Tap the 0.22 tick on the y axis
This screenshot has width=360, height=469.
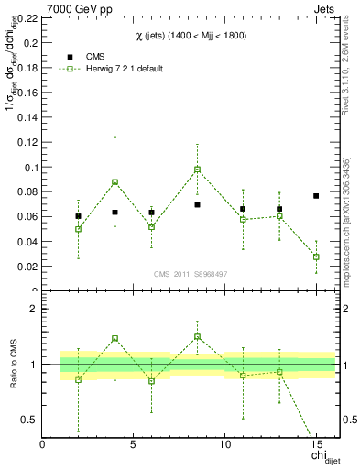tap(27, 18)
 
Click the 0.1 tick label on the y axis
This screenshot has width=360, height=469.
tap(30, 168)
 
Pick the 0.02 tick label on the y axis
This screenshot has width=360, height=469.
tap(27, 267)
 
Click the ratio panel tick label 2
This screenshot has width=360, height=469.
tap(34, 309)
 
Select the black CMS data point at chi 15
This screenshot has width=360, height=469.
tap(316, 196)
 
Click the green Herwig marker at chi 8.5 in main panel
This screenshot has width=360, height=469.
tap(197, 169)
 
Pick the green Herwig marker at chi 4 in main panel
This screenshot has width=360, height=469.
tap(115, 181)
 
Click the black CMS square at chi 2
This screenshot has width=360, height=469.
tap(79, 216)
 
